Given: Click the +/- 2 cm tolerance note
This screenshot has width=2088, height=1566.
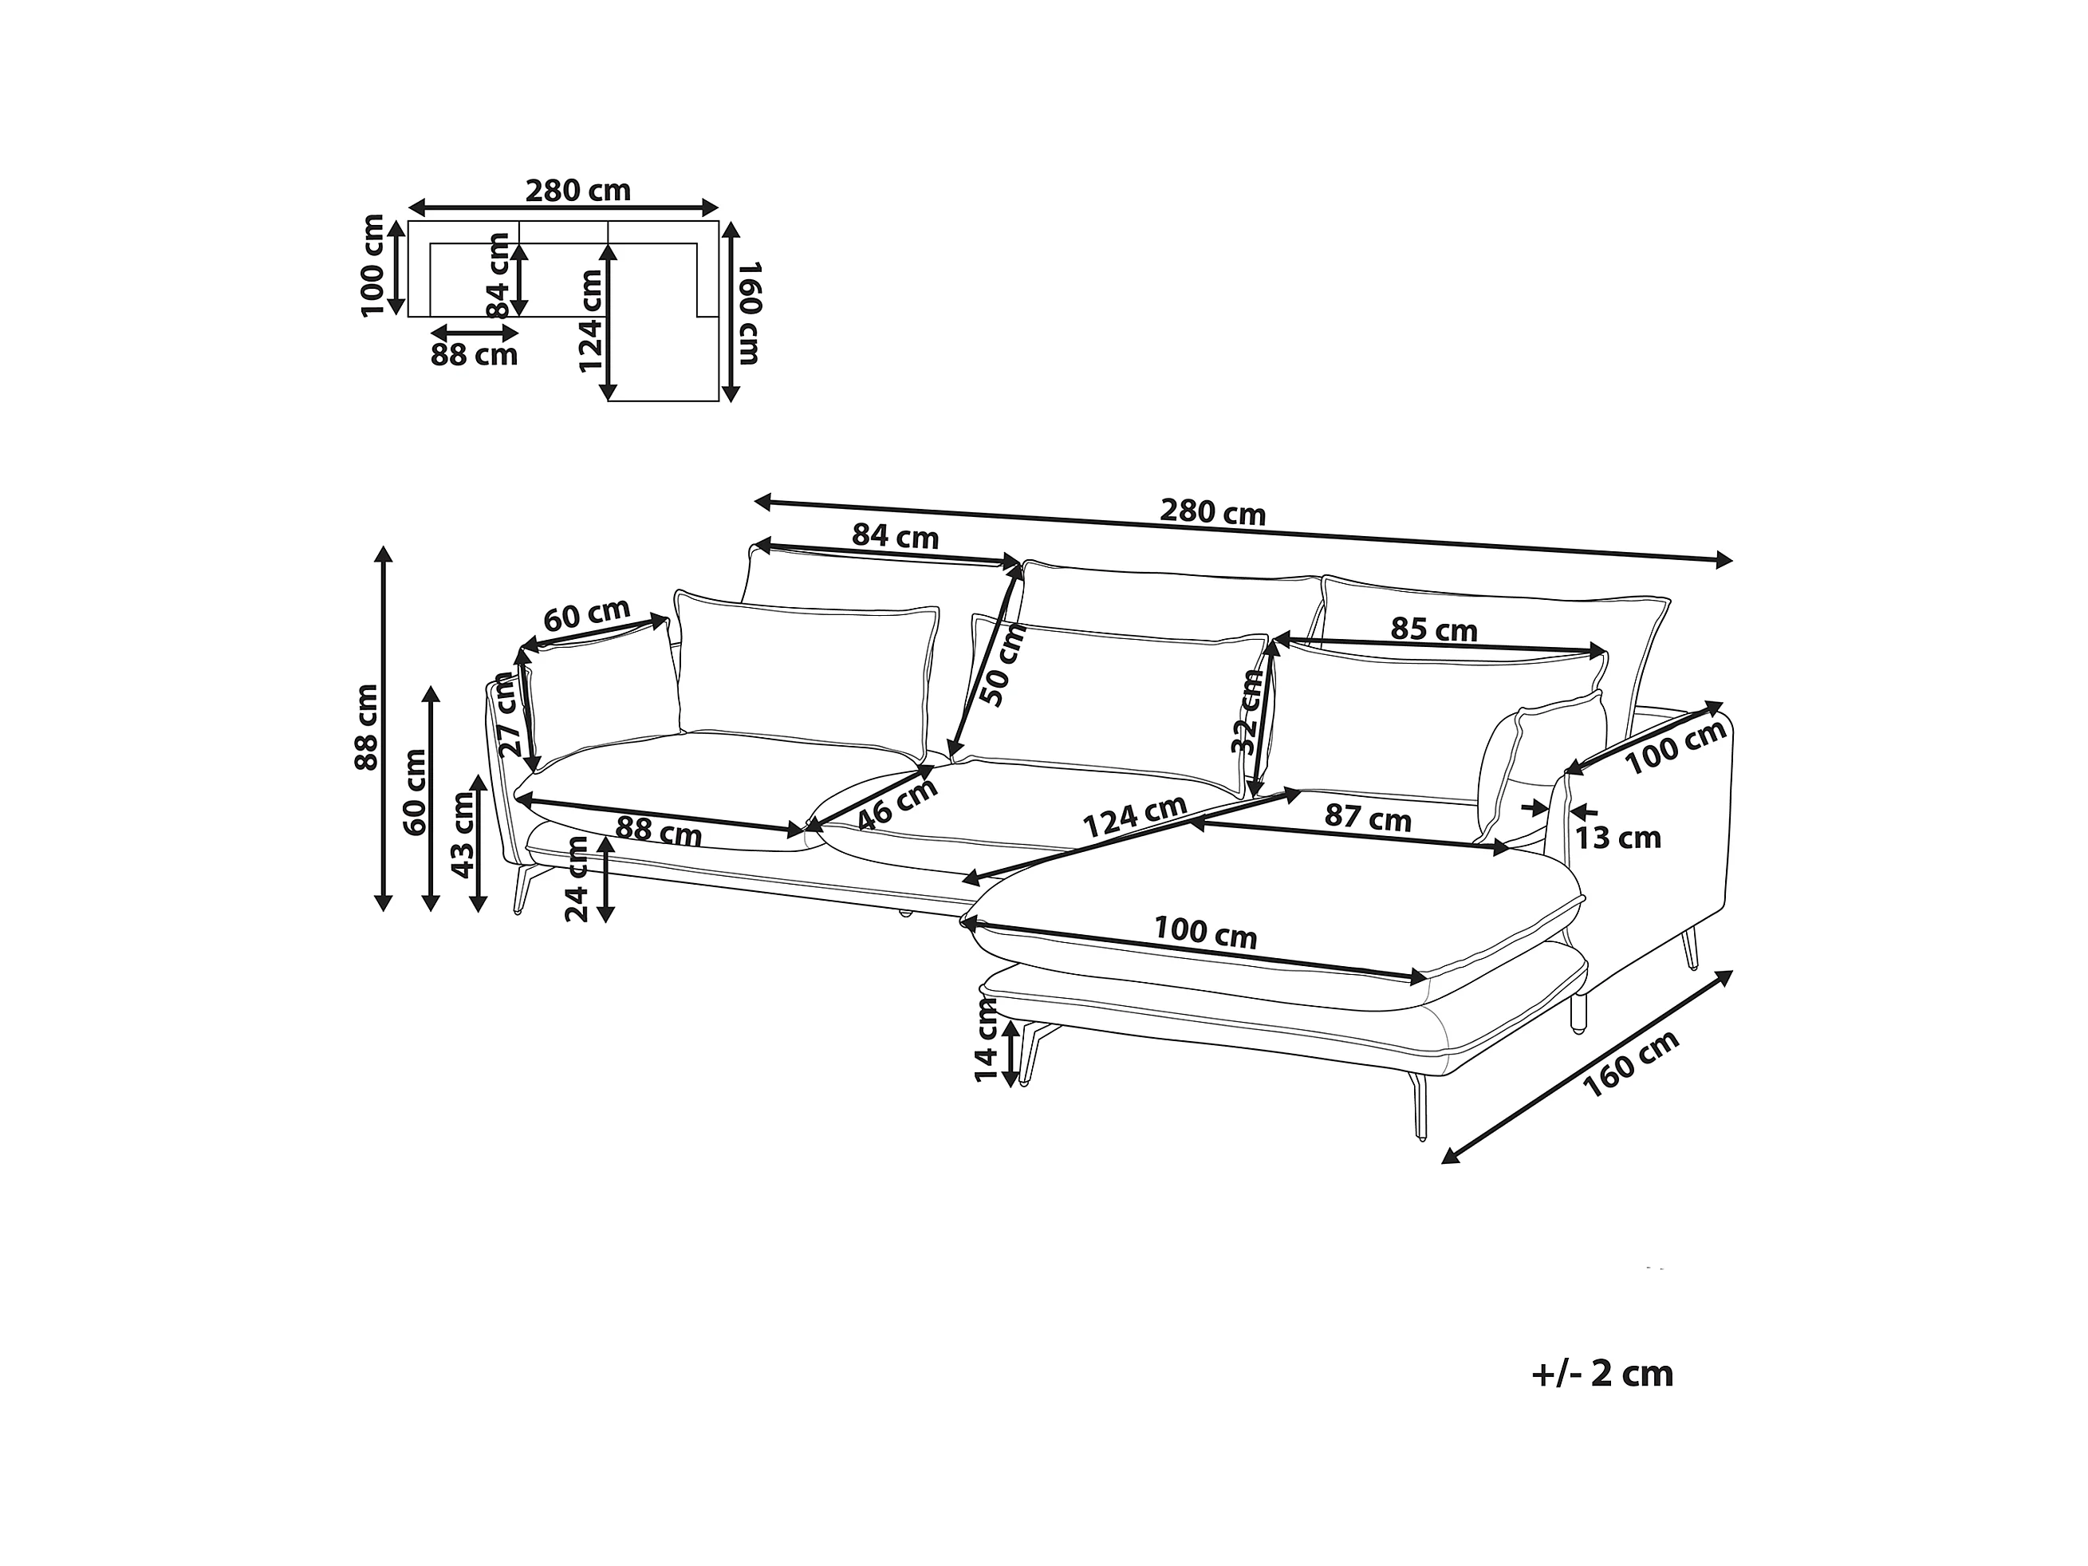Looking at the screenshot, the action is (x=1601, y=1375).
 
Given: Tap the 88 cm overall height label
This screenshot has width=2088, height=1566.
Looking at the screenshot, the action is (x=366, y=727).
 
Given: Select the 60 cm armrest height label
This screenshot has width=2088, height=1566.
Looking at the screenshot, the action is (x=415, y=792).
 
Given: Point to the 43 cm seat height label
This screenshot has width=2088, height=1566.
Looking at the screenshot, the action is (x=463, y=834).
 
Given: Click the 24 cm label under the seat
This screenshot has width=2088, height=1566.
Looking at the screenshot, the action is (x=576, y=879).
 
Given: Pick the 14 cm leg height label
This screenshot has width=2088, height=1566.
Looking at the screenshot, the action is (x=986, y=1040).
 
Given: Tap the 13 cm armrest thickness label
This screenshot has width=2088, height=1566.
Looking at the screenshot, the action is (x=1618, y=838).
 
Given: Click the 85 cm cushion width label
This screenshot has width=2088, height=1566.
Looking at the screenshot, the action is (x=1434, y=629).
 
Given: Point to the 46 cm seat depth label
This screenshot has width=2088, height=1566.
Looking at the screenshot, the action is (x=898, y=803).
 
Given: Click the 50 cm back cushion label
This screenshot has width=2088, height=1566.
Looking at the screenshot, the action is (x=1003, y=665).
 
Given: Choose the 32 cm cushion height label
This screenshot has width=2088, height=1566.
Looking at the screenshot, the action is (x=1247, y=711).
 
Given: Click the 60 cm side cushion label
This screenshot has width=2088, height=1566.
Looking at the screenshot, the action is (x=587, y=615).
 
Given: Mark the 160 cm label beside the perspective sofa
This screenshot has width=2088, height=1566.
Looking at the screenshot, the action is (x=1631, y=1063).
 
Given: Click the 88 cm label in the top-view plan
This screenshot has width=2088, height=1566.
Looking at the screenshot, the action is (x=474, y=355).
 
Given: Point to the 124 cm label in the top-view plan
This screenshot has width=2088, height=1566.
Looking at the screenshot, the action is (x=591, y=321).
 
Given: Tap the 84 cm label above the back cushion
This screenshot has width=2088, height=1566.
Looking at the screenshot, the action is (x=895, y=536).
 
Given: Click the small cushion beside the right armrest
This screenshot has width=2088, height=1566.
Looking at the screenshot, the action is (x=1539, y=767).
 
